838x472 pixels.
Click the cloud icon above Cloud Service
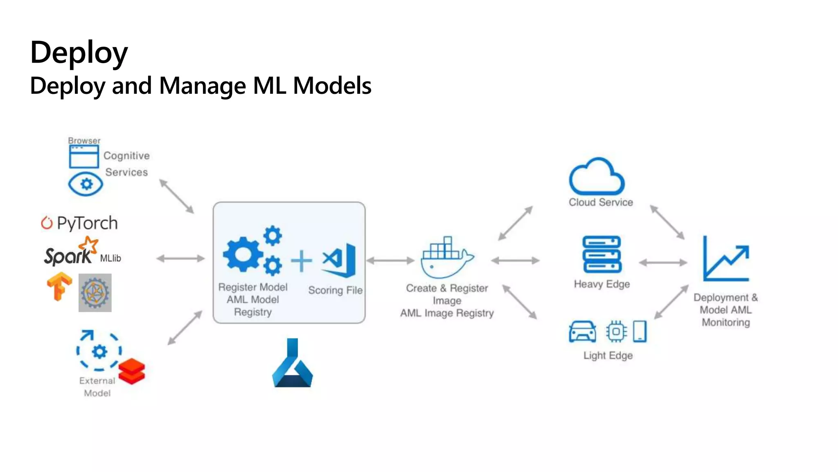point(597,177)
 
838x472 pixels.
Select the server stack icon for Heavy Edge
point(601,254)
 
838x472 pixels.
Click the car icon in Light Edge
point(582,331)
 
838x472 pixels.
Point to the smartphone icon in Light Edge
point(640,331)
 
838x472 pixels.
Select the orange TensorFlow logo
point(59,286)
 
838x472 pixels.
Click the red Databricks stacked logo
point(132,371)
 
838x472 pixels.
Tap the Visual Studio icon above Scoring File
point(340,260)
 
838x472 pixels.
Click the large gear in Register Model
point(243,255)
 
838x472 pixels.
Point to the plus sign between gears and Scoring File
point(302,261)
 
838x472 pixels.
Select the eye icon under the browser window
point(86,184)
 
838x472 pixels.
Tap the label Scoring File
point(335,290)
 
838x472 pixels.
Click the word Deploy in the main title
point(79,53)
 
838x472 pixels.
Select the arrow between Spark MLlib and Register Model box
point(180,258)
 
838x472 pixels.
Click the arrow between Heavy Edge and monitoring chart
point(663,263)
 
